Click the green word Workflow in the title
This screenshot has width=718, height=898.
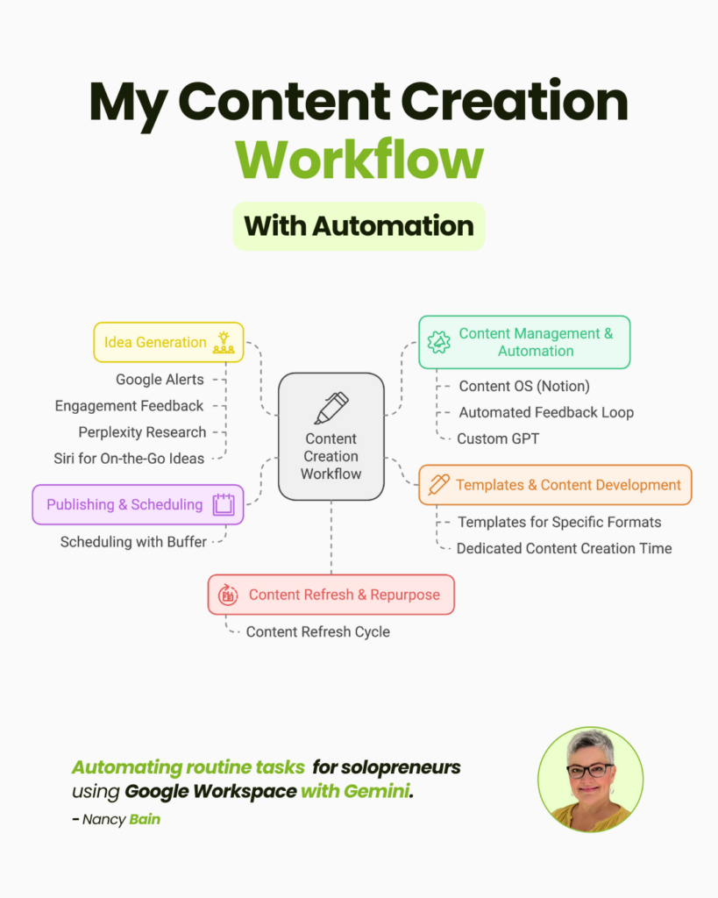pyautogui.click(x=359, y=160)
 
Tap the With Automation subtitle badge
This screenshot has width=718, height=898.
pyautogui.click(x=359, y=226)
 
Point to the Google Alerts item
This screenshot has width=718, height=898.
pyautogui.click(x=160, y=380)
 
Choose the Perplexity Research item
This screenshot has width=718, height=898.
pyautogui.click(x=142, y=432)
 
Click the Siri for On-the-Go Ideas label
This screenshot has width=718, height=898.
pyautogui.click(x=129, y=459)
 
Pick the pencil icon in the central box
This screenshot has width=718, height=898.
pyautogui.click(x=331, y=408)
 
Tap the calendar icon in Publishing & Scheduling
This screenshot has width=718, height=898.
pyautogui.click(x=224, y=505)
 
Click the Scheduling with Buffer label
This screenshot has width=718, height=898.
pyautogui.click(x=133, y=542)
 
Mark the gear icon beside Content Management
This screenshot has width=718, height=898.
pyautogui.click(x=438, y=342)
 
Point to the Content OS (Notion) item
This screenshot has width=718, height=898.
pyautogui.click(x=524, y=386)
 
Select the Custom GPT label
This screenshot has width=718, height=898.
pyautogui.click(x=498, y=438)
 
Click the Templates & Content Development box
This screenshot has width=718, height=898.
pyautogui.click(x=555, y=485)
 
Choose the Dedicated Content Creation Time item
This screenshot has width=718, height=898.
pyautogui.click(x=564, y=548)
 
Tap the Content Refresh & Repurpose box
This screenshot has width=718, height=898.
pyautogui.click(x=331, y=595)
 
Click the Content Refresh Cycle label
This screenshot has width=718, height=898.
pyautogui.click(x=317, y=631)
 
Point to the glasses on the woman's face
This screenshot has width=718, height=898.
pyautogui.click(x=590, y=771)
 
